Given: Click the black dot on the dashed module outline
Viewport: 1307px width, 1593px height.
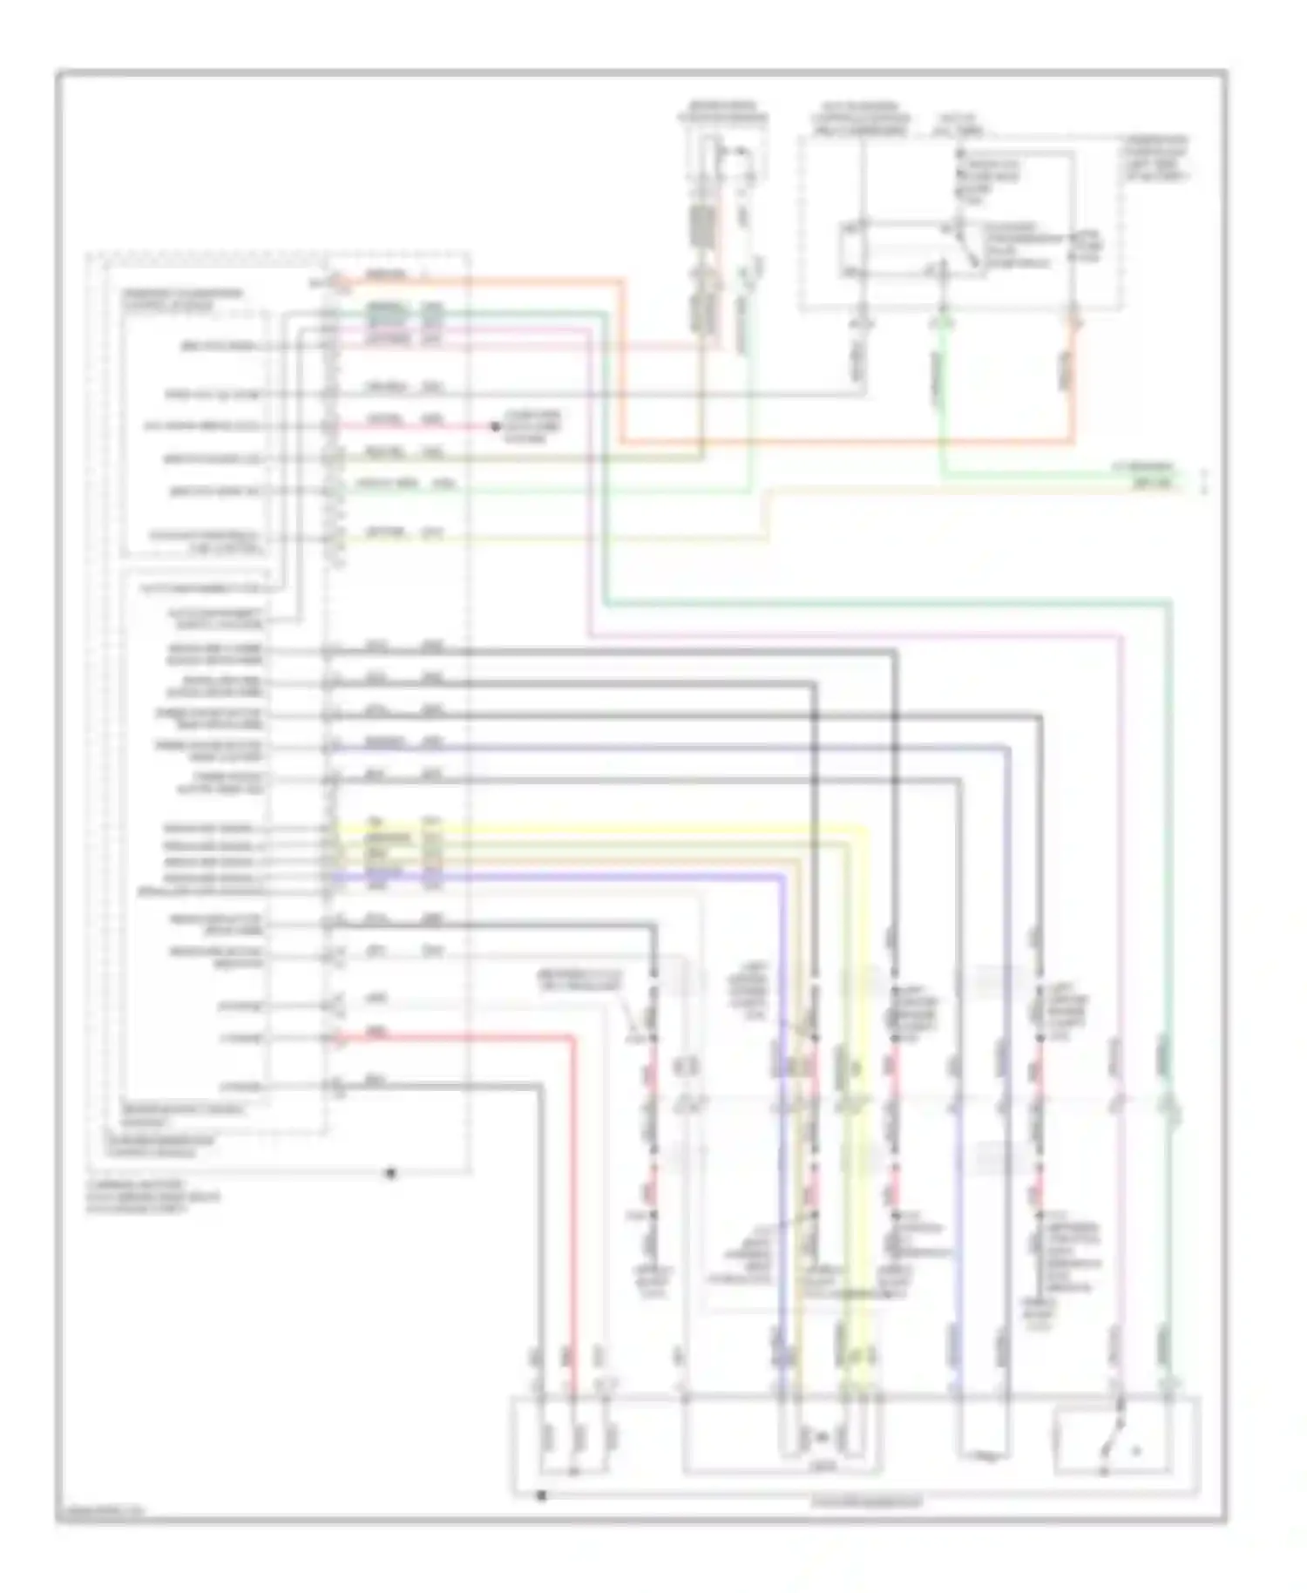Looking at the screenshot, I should coord(391,1173).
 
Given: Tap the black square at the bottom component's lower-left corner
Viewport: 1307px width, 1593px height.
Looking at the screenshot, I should coord(541,1495).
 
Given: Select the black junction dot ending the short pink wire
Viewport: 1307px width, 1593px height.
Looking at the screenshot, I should coord(495,426).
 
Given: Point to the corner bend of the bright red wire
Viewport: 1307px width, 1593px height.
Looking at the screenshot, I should coord(572,1038).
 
